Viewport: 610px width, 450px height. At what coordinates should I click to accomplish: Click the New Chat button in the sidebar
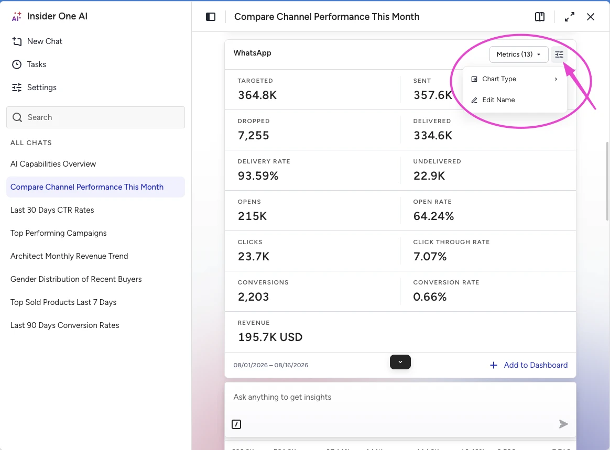pos(37,41)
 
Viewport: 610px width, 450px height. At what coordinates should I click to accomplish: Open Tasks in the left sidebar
pos(29,64)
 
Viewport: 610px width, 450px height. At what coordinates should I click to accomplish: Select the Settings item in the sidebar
pos(34,87)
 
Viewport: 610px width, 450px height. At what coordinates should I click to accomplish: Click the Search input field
pos(96,117)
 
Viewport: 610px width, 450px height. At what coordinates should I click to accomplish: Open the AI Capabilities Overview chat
pos(53,164)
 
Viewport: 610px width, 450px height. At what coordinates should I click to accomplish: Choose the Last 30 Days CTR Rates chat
pos(52,210)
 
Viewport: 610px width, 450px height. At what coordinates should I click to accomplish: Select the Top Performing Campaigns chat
pos(58,233)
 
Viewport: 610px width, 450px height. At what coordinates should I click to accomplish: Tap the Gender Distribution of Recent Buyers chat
pos(76,279)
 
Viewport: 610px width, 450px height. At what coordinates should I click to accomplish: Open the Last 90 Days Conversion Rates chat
pos(64,325)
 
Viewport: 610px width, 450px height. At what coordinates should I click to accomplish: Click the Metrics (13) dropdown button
pos(519,54)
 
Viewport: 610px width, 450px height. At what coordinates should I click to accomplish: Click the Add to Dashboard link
pos(529,365)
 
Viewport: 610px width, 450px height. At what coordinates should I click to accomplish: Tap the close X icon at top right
pos(591,17)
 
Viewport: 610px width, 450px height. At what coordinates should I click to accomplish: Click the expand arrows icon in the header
pos(570,17)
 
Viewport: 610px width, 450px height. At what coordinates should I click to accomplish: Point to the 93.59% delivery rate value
pos(258,176)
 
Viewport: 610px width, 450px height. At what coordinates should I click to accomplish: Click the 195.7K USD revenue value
pos(270,337)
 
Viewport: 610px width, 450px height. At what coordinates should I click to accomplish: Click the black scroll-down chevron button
pos(400,362)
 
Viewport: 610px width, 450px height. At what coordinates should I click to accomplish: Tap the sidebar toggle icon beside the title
pos(211,17)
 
